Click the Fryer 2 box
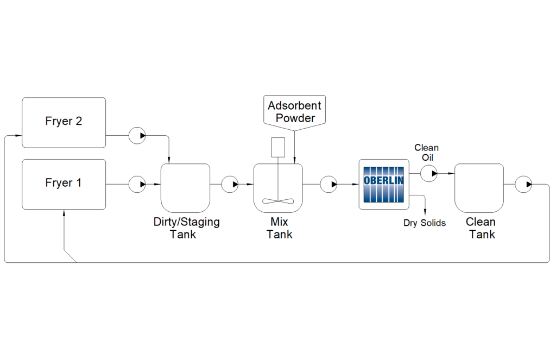64,122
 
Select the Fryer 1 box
64,184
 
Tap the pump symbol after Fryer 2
137,135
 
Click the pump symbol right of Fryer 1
137,184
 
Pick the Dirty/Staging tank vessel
185,187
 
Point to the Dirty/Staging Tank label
186,228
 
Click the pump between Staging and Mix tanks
230,184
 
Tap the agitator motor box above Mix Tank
278,147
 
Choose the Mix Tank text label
279,228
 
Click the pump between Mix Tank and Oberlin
328,184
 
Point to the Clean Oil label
426,153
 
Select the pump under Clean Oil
429,174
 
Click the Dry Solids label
424,223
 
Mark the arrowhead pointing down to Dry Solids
425,212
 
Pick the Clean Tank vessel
480,187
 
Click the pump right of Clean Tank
523,184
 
